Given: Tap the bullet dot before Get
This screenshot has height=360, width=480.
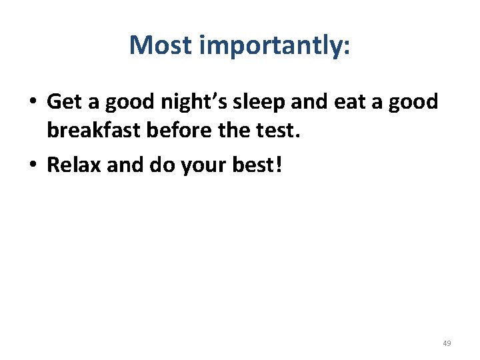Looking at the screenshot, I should point(32,102).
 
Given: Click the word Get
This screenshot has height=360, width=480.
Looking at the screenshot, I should point(63,102).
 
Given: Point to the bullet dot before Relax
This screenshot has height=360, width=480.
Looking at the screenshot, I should point(32,165).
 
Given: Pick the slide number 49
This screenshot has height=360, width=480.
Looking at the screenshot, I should point(447,343).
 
